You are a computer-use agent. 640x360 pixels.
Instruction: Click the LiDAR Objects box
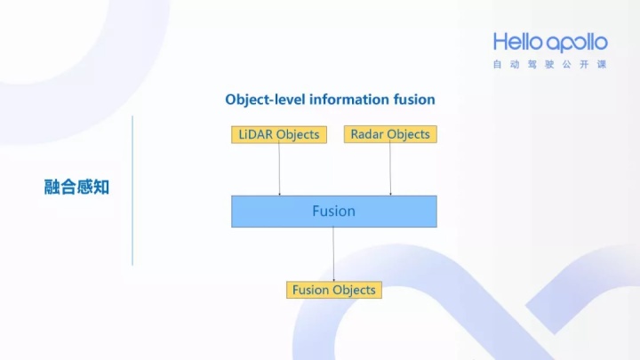(x=278, y=134)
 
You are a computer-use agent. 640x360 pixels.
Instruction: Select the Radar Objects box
(x=389, y=134)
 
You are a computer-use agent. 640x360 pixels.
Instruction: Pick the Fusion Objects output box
(x=333, y=290)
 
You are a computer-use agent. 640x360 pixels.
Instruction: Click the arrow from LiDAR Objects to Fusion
(x=279, y=169)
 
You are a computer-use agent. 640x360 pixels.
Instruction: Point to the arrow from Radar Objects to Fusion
(x=390, y=169)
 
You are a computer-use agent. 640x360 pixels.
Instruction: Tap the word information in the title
(x=349, y=100)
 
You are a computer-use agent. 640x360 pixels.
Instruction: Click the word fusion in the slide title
(x=415, y=100)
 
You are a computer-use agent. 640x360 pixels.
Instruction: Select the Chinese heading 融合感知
(x=76, y=188)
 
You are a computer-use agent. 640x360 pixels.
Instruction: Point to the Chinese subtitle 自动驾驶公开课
(x=550, y=65)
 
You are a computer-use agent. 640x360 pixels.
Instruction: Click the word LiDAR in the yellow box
(x=256, y=134)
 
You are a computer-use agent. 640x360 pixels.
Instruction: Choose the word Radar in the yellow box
(x=367, y=134)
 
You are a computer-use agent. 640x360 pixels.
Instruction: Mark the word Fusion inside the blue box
(x=333, y=212)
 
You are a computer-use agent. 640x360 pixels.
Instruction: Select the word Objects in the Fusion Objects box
(x=354, y=290)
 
